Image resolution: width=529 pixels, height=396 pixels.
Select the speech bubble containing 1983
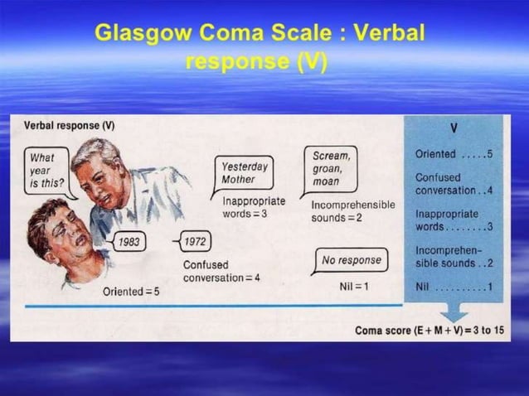(129, 242)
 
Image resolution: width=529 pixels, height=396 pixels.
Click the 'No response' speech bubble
(352, 260)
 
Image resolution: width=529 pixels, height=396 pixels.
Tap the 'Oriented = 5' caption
(131, 292)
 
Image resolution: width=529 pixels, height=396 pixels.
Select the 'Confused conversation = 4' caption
(221, 271)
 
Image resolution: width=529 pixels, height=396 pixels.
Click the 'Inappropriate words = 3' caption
(254, 207)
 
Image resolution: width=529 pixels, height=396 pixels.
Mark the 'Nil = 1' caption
(354, 286)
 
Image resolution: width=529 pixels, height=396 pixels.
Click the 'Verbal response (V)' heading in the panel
(69, 125)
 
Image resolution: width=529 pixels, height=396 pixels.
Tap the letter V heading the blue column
(454, 128)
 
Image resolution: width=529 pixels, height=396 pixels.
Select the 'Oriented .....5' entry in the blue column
(454, 154)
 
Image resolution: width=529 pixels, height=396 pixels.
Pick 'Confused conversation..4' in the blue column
(454, 184)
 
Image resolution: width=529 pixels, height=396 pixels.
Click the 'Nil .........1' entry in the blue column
(454, 287)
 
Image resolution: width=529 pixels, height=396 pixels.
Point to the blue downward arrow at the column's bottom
(454, 312)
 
